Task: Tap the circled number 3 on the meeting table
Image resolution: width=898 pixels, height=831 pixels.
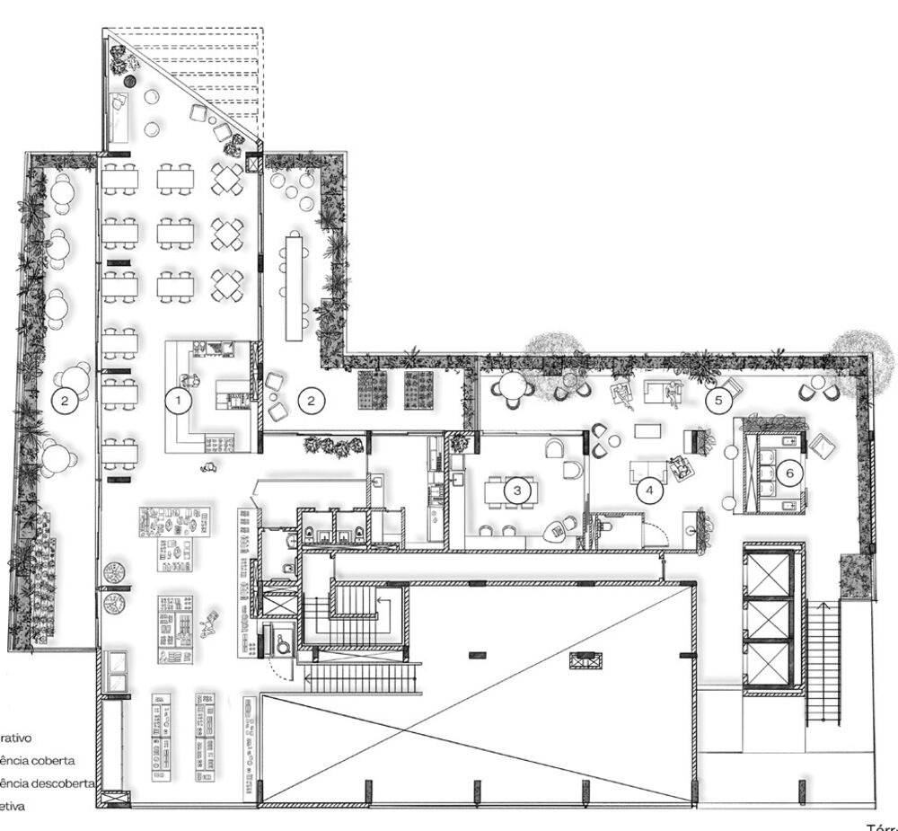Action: click(517, 491)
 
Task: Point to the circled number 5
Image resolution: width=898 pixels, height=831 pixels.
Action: click(718, 402)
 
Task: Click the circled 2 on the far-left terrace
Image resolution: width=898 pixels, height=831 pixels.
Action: click(63, 402)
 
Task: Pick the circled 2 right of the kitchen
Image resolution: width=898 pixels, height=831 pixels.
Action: click(311, 401)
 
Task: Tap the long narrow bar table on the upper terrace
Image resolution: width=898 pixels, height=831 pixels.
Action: click(294, 286)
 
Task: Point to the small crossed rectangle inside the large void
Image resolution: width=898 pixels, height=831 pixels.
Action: click(585, 660)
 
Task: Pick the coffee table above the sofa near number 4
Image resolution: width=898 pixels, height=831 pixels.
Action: click(647, 430)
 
